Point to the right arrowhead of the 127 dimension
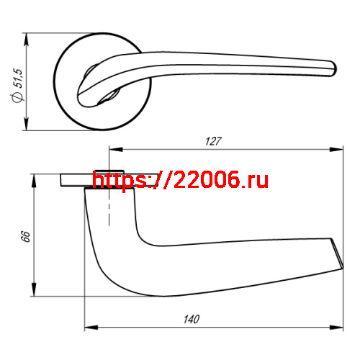tap(338, 150)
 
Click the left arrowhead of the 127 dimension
tap(112, 150)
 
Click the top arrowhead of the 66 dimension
tap(34, 177)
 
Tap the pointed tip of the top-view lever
tap(333, 69)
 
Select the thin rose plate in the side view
tap(76, 180)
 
